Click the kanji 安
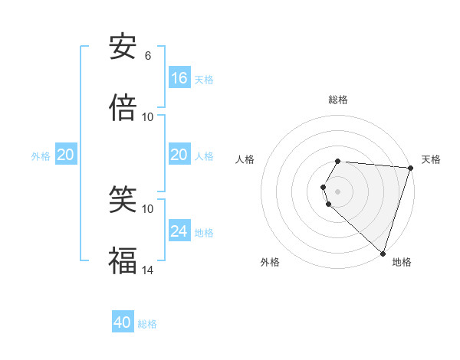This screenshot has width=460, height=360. (123, 47)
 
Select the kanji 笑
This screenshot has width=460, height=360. (123, 201)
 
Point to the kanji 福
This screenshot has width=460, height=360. (123, 260)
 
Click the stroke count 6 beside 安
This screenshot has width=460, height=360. (147, 56)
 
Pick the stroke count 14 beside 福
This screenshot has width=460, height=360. (147, 269)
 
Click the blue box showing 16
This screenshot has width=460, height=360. (179, 77)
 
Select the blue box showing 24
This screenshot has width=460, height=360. (179, 231)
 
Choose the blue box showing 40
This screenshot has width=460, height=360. (123, 322)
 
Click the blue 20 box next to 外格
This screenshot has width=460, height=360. (66, 155)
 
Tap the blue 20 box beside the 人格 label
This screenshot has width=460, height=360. (179, 155)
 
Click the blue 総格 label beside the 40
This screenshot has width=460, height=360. (147, 324)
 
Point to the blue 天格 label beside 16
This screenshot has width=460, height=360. (204, 79)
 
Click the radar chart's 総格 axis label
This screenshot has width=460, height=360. (338, 100)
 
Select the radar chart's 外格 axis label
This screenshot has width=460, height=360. (270, 262)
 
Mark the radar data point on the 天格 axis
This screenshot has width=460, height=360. (410, 168)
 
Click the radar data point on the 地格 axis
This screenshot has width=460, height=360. (383, 254)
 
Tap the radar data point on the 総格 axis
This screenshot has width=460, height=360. (338, 161)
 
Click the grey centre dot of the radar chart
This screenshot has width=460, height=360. (338, 191)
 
